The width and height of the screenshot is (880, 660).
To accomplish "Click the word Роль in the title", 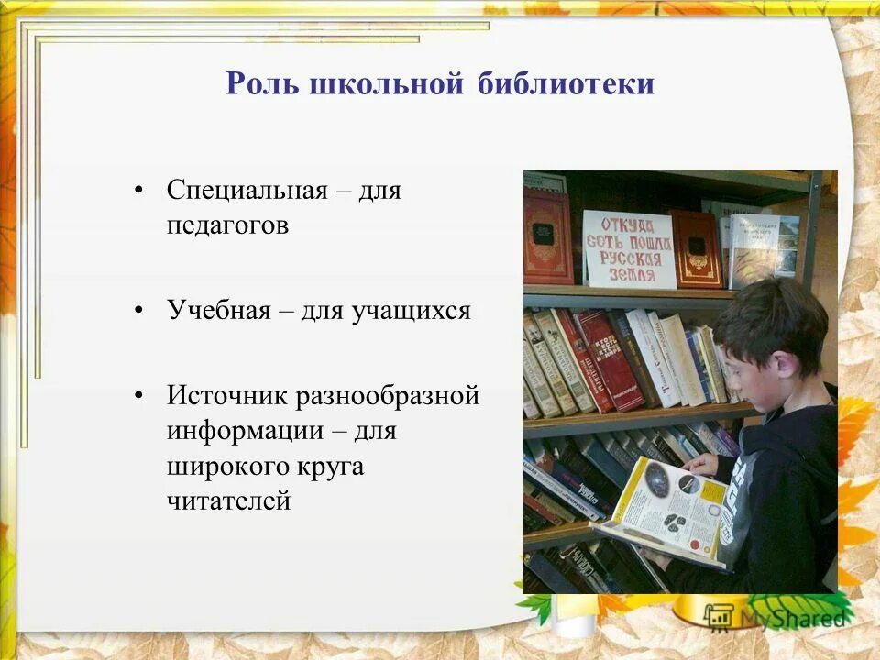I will pyautogui.click(x=261, y=84).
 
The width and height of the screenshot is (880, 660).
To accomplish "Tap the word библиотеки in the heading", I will pyautogui.click(x=566, y=84).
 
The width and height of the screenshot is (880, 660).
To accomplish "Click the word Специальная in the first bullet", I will pyautogui.click(x=247, y=192).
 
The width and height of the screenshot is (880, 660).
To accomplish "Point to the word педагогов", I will pyautogui.click(x=227, y=225).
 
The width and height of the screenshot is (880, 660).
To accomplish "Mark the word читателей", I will pyautogui.click(x=228, y=500).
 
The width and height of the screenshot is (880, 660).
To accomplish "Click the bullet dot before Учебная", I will pyautogui.click(x=139, y=312).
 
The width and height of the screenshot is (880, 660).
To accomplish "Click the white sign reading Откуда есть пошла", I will pyautogui.click(x=628, y=248).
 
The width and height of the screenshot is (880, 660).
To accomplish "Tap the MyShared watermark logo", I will pyautogui.click(x=775, y=616).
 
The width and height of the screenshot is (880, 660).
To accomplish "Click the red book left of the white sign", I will pyautogui.click(x=548, y=236).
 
